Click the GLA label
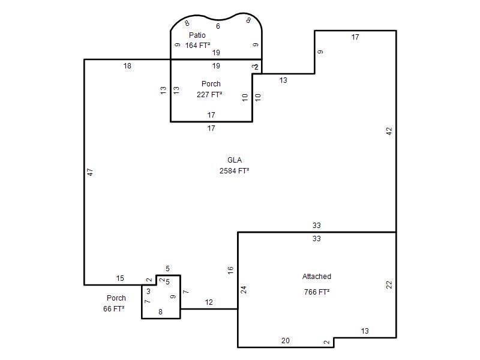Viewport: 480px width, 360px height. pyautogui.click(x=235, y=160)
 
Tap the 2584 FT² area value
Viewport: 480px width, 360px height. pyautogui.click(x=234, y=170)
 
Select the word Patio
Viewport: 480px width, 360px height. pyautogui.click(x=197, y=35)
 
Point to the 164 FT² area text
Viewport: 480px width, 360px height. pyautogui.click(x=197, y=46)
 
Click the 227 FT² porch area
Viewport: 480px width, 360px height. pyautogui.click(x=209, y=94)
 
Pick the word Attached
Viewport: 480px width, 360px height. pyautogui.click(x=317, y=276)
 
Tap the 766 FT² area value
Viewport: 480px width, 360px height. pyautogui.click(x=317, y=292)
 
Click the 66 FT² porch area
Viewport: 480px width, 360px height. pyautogui.click(x=113, y=308)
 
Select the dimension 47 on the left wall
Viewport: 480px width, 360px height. pyautogui.click(x=90, y=172)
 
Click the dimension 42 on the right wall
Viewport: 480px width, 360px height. pyautogui.click(x=389, y=131)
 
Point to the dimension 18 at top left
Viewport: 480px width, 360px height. pyautogui.click(x=127, y=65)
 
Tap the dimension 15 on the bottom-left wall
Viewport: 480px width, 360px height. pyautogui.click(x=120, y=278)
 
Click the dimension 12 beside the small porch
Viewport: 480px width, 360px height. pyautogui.click(x=209, y=302)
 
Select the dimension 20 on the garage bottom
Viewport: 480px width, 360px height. pyautogui.click(x=286, y=340)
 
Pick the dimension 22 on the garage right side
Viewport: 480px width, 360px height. pyautogui.click(x=389, y=284)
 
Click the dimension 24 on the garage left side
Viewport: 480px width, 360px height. pyautogui.click(x=244, y=290)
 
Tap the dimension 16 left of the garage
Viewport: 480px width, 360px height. pyautogui.click(x=230, y=270)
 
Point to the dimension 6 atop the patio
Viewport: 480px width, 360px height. pyautogui.click(x=218, y=26)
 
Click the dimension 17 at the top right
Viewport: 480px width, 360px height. pyautogui.click(x=355, y=37)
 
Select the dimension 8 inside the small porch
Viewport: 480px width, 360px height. pyautogui.click(x=160, y=311)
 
